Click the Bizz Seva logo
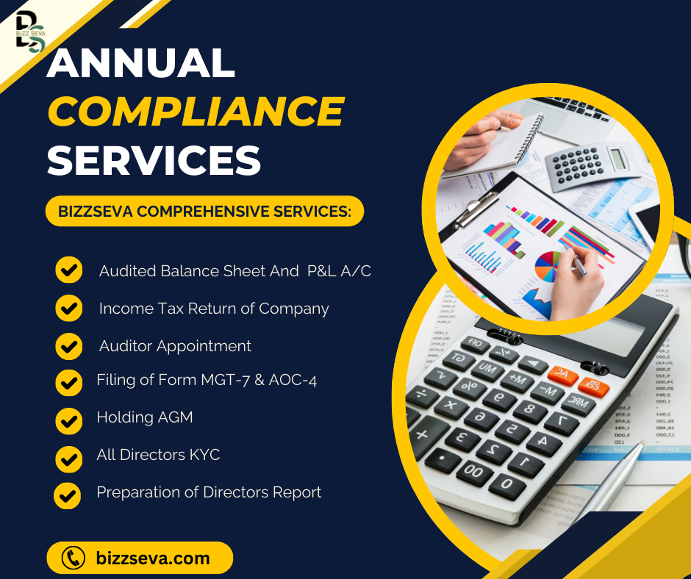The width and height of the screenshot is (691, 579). [30, 32]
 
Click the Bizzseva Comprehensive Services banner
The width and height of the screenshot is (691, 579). [204, 211]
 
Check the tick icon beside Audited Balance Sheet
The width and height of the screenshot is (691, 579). [69, 270]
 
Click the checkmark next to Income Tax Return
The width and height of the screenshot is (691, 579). [69, 308]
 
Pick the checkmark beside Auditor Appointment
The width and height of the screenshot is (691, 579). [69, 346]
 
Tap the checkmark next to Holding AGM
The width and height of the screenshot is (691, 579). [69, 421]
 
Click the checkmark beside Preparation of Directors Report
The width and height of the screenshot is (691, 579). [67, 496]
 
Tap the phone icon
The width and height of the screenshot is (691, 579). [74, 558]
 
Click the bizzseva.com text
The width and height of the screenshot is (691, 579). [153, 558]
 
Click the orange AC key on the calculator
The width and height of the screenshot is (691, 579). [562, 375]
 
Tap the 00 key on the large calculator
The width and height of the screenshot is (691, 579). [473, 472]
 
